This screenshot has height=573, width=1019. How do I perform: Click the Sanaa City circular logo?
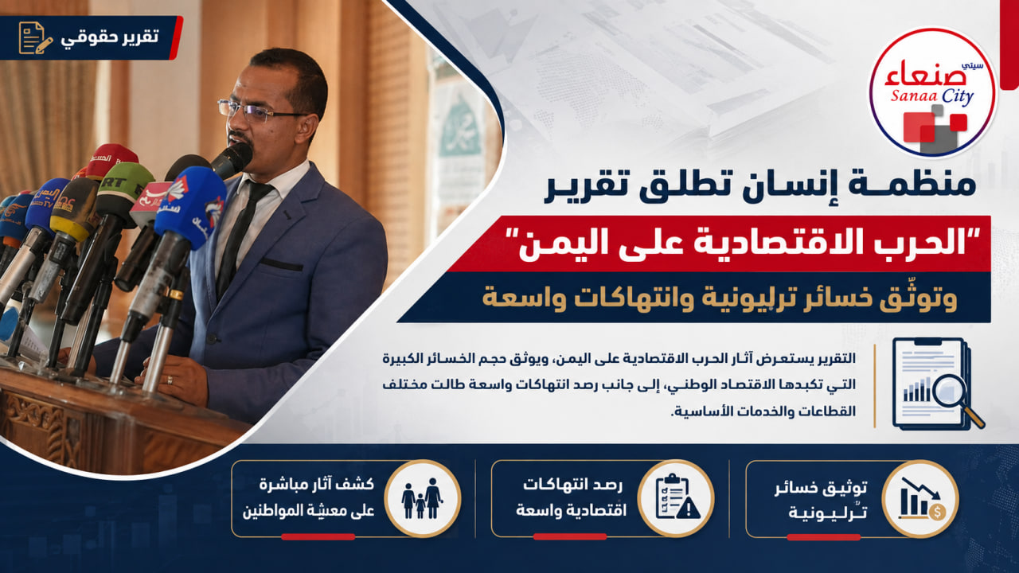932,92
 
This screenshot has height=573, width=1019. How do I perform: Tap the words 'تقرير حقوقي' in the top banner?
110,37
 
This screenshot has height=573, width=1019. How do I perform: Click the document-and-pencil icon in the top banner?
35,37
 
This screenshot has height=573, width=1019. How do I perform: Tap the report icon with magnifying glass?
937,383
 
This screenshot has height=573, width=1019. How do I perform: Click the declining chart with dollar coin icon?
921,498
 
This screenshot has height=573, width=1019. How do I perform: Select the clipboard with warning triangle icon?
677,497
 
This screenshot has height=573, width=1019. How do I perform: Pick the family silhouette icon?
422,498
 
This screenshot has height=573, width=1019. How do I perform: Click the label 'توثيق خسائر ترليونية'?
821,499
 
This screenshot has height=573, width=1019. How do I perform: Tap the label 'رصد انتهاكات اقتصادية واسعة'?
570,497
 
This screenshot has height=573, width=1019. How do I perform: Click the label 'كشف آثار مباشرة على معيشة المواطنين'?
309,497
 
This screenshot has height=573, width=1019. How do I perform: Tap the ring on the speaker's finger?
170,380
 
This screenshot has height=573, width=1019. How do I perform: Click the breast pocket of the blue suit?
282,263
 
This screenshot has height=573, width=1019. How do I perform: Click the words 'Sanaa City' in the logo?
931,96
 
